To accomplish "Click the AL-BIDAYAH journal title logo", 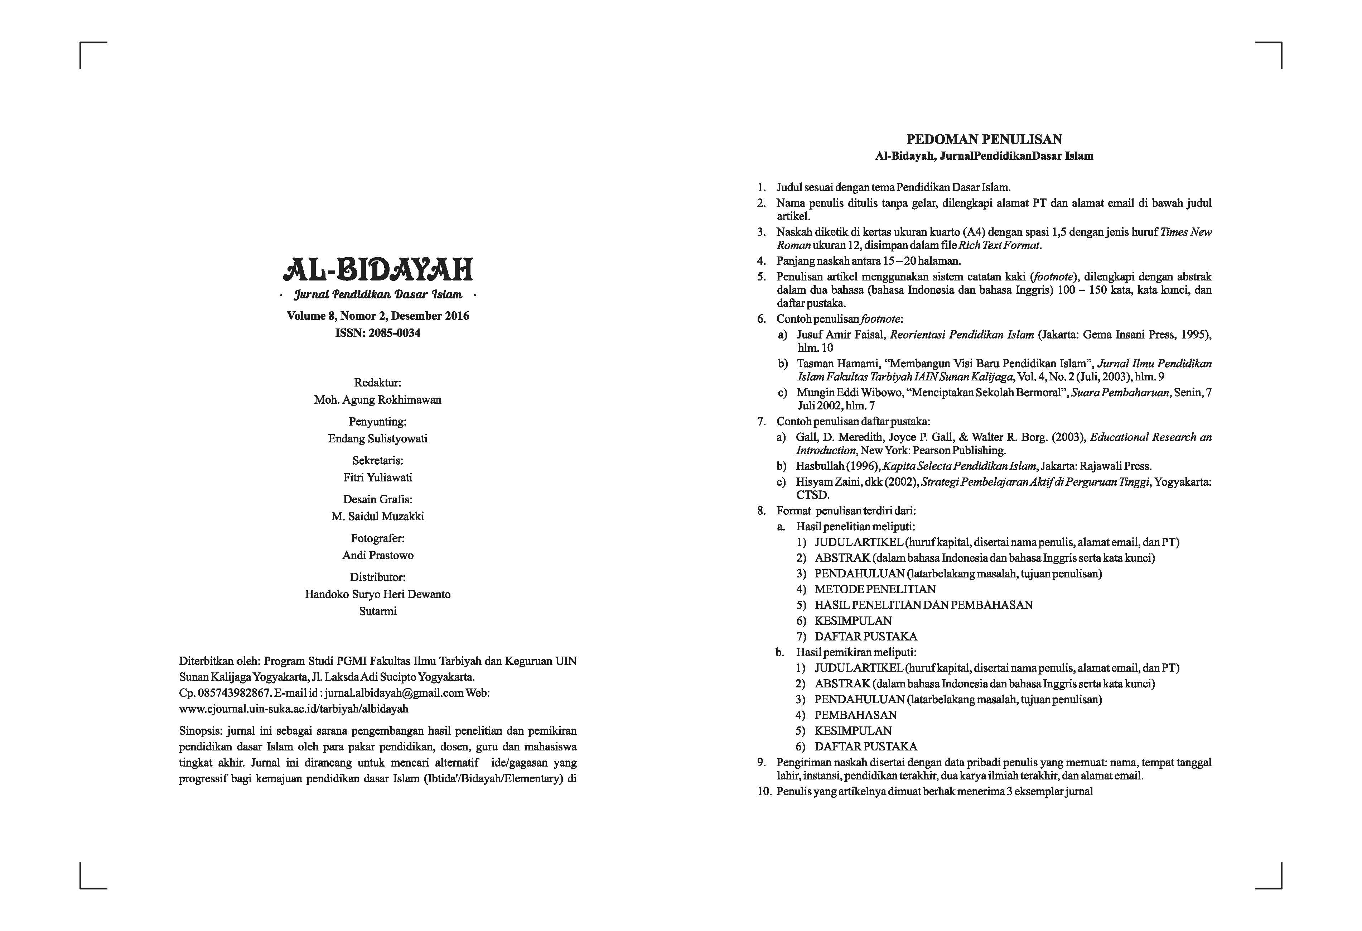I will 378,270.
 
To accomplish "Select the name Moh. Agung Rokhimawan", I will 377,400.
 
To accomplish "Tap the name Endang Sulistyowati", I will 377,438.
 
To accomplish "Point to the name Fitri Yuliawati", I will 377,477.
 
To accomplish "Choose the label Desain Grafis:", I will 377,499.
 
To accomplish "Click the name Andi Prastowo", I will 377,555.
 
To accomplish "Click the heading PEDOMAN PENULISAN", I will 984,140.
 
